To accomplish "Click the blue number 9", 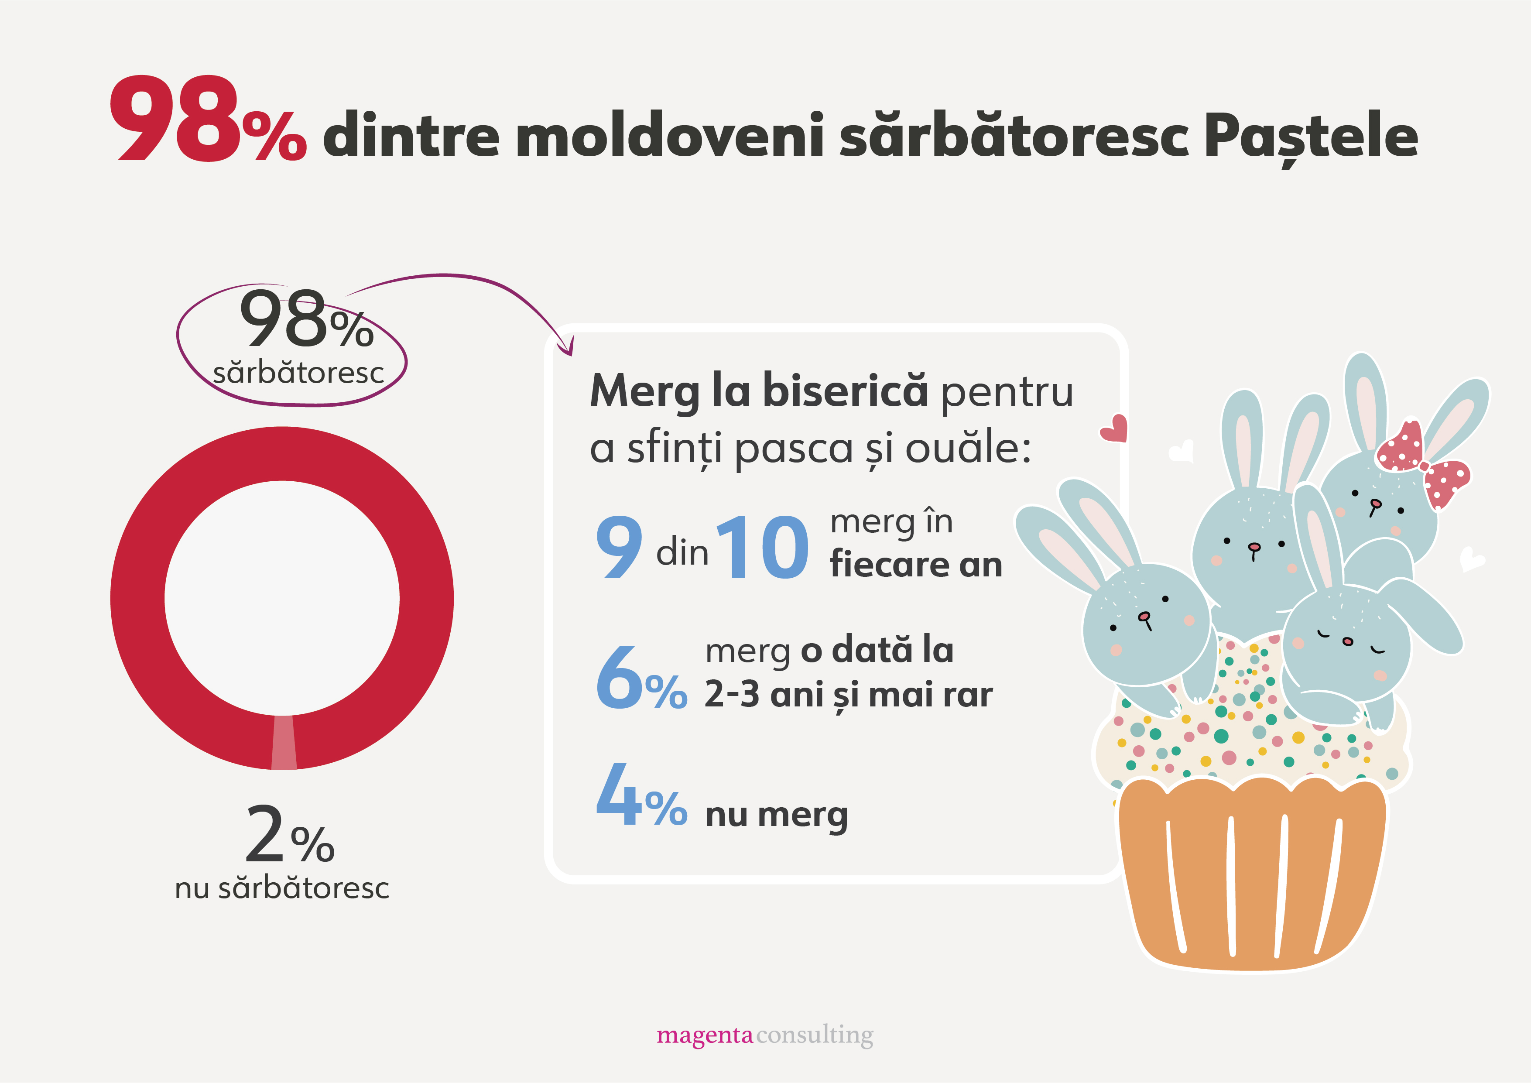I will click(x=619, y=548).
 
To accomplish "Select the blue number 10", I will click(x=762, y=548).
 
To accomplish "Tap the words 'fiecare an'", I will click(x=915, y=565).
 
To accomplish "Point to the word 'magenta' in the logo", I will click(x=704, y=1035).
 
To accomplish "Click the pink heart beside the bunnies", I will click(x=1114, y=429).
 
